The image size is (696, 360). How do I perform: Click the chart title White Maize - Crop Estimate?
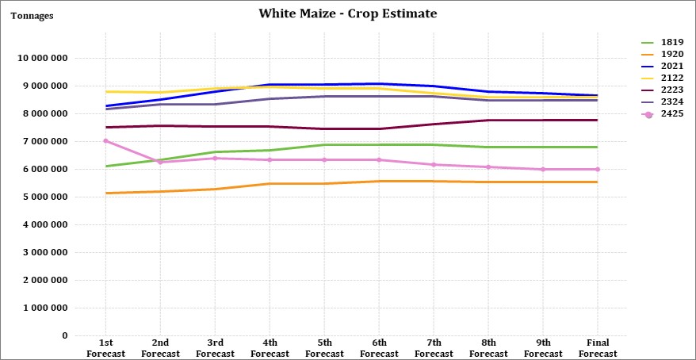coord(347,13)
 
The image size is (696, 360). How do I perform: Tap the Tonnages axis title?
coord(32,16)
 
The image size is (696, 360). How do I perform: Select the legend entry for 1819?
coord(662,43)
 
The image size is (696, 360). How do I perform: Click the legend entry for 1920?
coord(662,55)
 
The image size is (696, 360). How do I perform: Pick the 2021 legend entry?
coord(662,67)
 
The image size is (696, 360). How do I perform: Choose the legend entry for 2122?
coord(662,79)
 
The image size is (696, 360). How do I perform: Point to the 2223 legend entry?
coord(662,90)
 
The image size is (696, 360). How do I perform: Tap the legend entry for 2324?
coord(662,102)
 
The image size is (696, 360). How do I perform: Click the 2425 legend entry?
coord(662,114)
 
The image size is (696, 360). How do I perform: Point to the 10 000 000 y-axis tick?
coord(42,58)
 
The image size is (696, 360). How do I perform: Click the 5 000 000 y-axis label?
coord(45,197)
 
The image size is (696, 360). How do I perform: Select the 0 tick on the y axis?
coord(65,335)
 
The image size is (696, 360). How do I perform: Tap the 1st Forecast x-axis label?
coord(105,348)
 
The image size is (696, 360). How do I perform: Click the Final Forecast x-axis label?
coord(598,348)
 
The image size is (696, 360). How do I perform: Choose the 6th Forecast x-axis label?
coord(379,348)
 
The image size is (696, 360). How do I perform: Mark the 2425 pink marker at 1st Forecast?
coord(105,140)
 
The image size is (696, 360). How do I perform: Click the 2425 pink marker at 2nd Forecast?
coord(160,162)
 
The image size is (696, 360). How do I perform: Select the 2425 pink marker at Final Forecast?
coord(598,169)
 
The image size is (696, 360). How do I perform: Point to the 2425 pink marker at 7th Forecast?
coord(434,165)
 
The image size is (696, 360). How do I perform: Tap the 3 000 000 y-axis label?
coord(45,253)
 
